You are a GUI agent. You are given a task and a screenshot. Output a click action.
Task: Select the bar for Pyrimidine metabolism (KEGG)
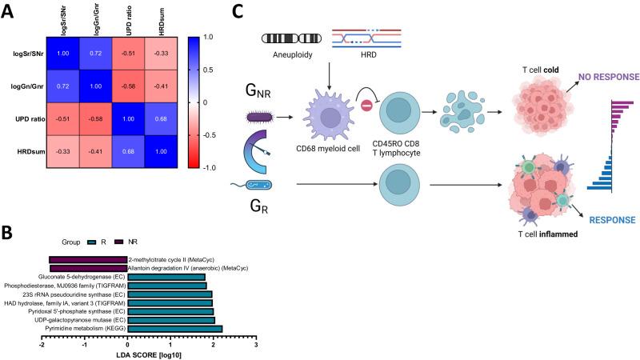[x=174, y=328]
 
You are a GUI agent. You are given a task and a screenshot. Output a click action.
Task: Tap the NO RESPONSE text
[x=599, y=78]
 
